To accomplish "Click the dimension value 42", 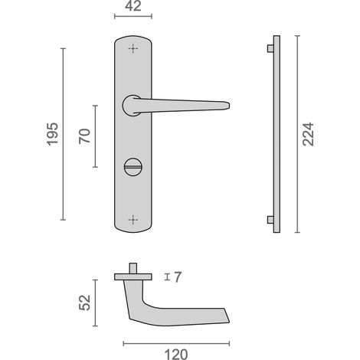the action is click(133, 6).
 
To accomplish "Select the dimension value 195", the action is click(53, 134).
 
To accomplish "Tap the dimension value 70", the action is click(85, 136).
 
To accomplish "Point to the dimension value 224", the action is click(308, 134).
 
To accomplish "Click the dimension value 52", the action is click(85, 303).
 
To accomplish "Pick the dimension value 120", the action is click(176, 355).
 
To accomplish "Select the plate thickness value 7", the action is click(178, 277).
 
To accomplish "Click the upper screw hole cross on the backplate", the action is click(133, 48).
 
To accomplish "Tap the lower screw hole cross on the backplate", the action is click(133, 220).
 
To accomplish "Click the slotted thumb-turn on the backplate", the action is click(133, 167).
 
